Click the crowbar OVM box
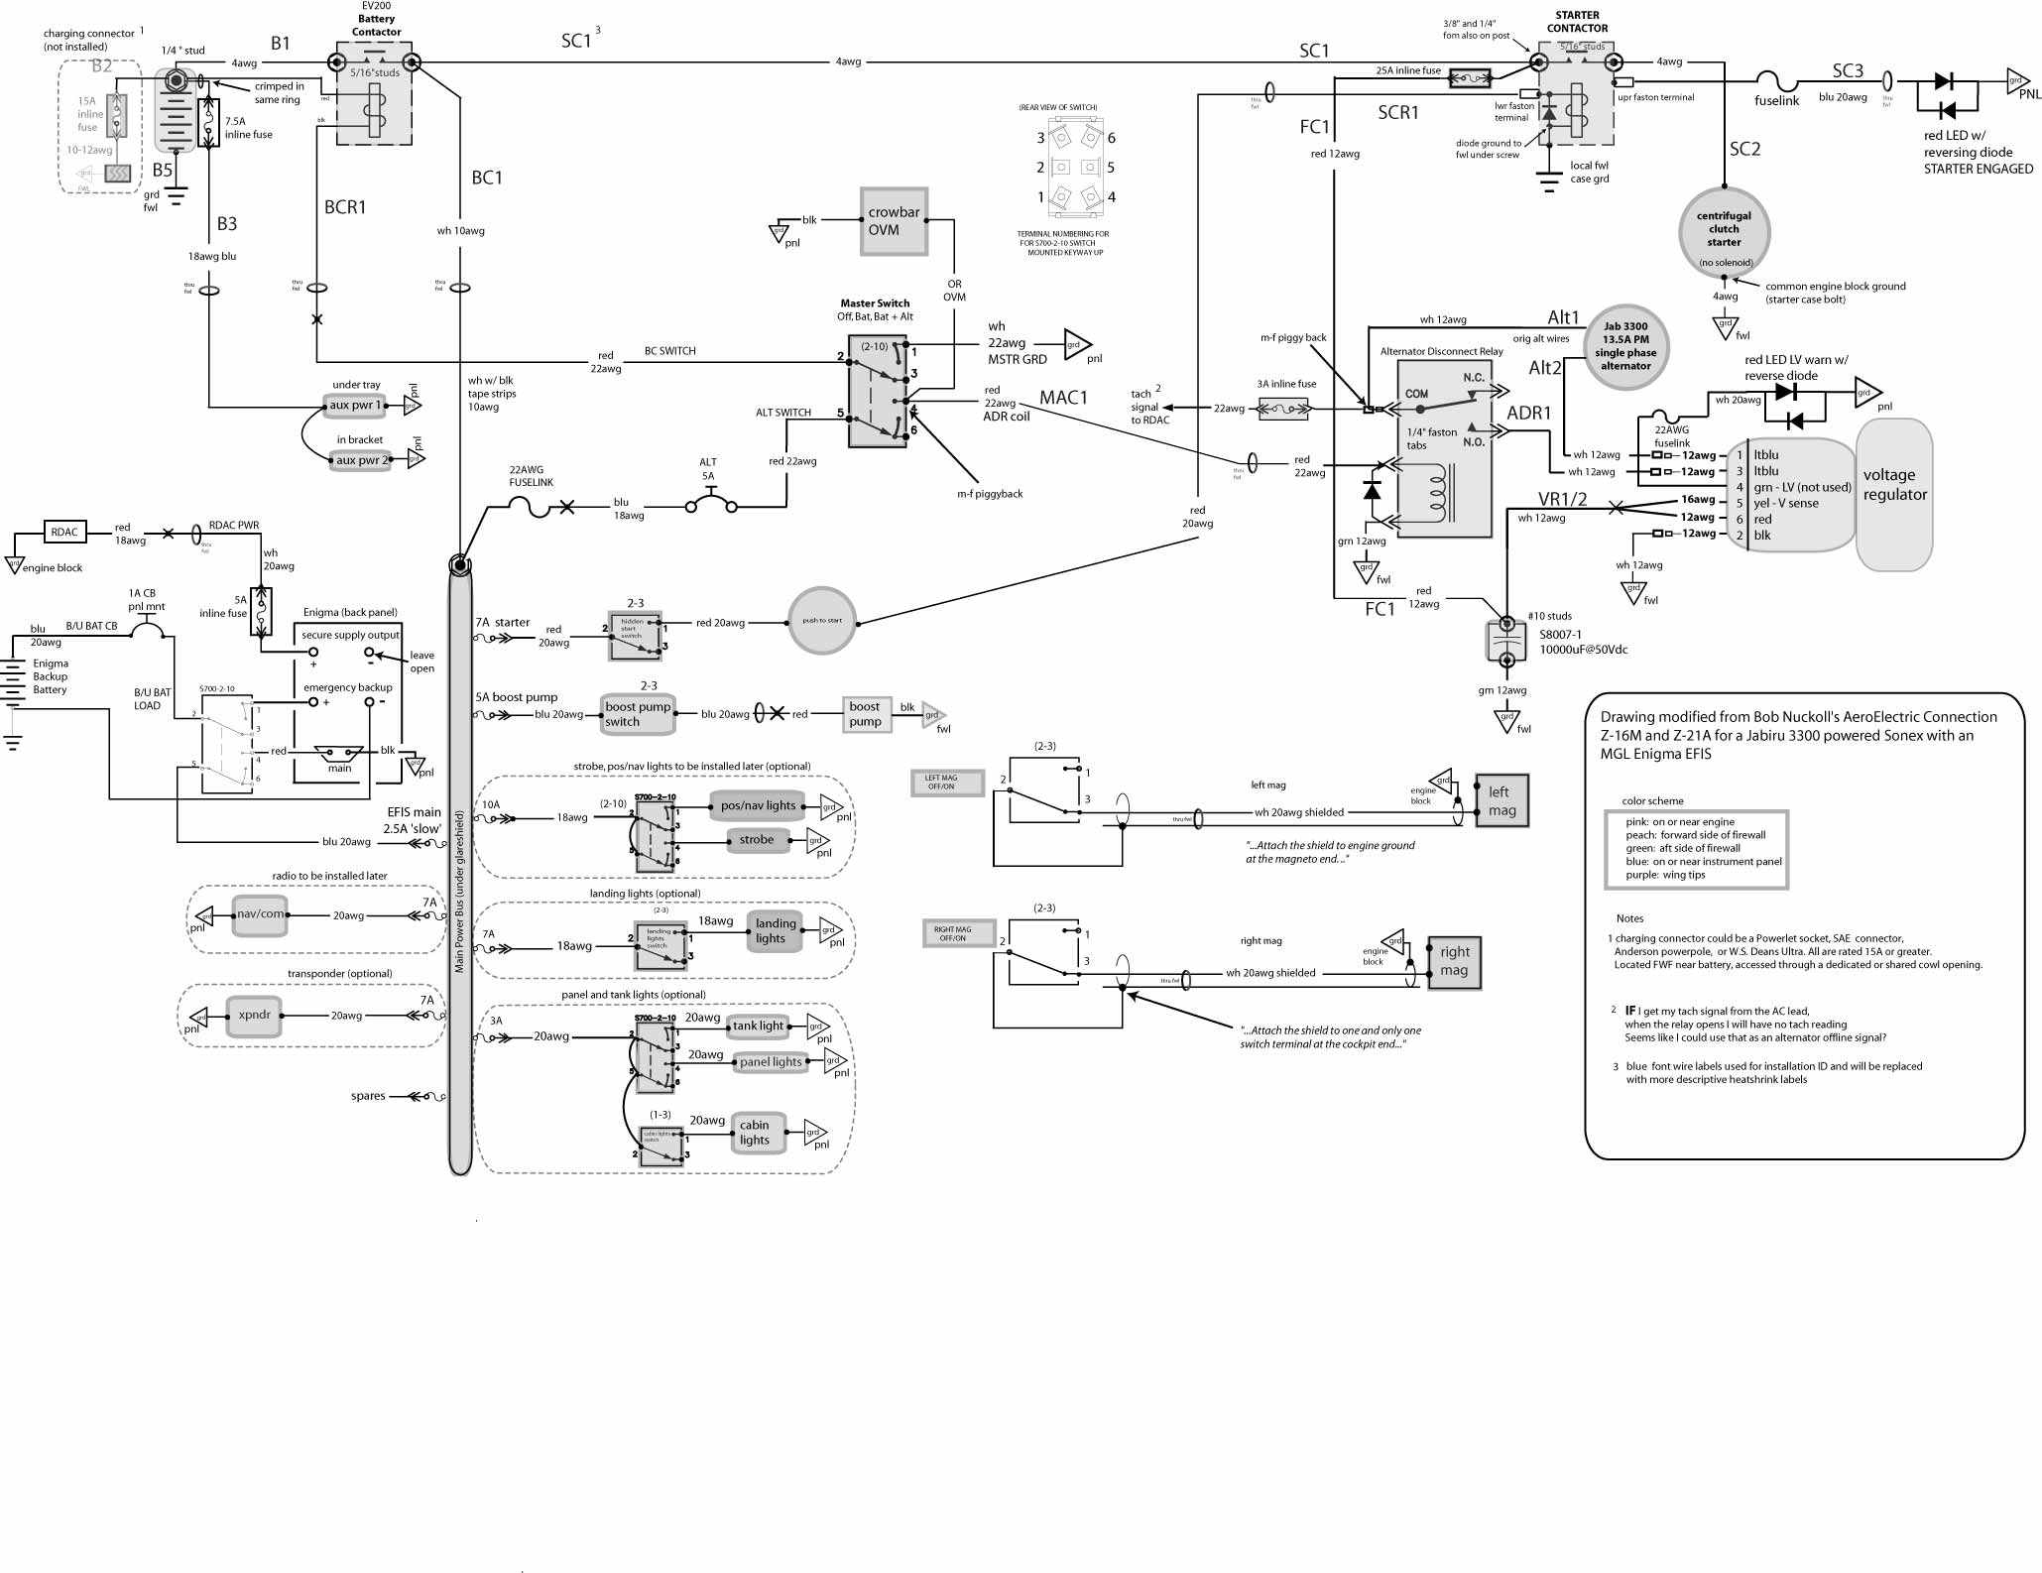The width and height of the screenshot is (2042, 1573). (894, 221)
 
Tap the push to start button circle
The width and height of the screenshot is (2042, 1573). (821, 621)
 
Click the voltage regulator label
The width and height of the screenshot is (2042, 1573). (1894, 485)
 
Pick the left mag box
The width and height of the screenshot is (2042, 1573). (1501, 800)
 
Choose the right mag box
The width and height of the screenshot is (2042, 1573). (1454, 962)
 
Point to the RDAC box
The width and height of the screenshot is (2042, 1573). (64, 533)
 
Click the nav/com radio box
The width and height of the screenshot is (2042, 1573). (260, 914)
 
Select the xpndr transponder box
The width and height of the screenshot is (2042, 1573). (254, 1016)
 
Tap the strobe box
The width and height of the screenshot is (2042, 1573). (757, 840)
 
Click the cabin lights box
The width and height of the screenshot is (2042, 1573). (755, 1133)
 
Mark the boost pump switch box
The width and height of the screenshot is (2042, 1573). (638, 714)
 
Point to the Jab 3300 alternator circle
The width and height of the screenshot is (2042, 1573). (1625, 346)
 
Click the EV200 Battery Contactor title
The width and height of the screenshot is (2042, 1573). (377, 19)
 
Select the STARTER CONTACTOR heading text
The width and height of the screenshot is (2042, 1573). (1577, 22)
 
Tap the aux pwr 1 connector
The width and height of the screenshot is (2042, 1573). (355, 406)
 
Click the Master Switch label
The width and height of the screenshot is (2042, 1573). (875, 303)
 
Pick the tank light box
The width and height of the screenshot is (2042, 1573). (759, 1026)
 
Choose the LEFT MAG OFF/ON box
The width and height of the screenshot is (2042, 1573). (945, 783)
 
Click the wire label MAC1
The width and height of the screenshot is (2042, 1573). (1063, 398)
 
